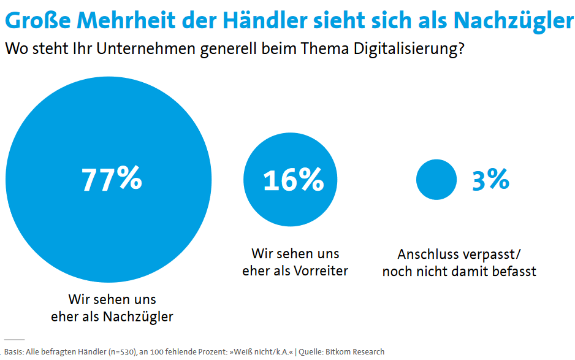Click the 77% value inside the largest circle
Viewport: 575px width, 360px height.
[x=112, y=178]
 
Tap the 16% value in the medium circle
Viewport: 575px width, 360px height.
[x=293, y=179]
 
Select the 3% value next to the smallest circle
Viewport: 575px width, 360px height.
[x=490, y=179]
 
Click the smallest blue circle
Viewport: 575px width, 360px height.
[x=436, y=179]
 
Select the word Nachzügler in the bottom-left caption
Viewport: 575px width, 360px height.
[x=140, y=316]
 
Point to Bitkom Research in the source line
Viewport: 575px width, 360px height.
[x=356, y=351]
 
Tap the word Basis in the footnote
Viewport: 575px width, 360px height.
[x=14, y=351]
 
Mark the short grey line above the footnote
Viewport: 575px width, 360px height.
[x=13, y=339]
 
